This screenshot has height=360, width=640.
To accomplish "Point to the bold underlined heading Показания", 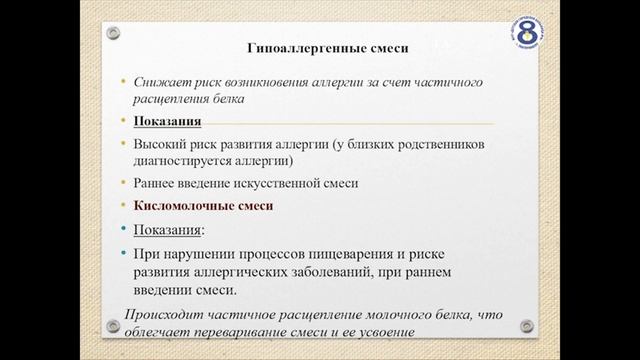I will pos(169,122).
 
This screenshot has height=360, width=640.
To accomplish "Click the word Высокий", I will pos(160,143).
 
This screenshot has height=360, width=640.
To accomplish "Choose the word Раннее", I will pos(158,183).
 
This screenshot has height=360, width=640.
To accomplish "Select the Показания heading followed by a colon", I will pos(169,229).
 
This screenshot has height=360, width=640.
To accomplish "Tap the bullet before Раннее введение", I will pos(122,183).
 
